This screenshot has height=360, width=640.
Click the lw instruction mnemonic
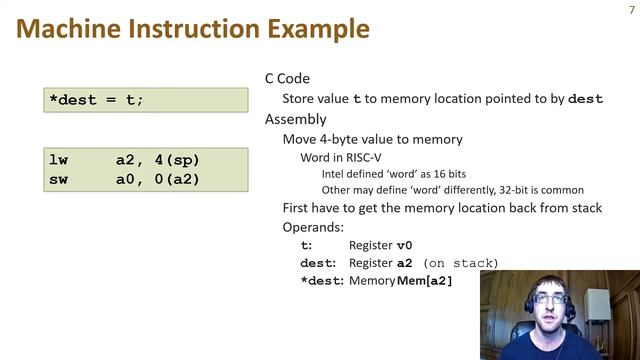click(x=58, y=161)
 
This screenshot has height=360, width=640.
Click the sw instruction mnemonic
click(x=58, y=179)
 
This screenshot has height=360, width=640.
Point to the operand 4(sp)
click(x=175, y=161)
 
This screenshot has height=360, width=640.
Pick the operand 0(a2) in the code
click(x=175, y=179)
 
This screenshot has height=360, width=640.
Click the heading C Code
click(x=287, y=78)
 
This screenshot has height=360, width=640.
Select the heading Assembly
click(x=295, y=119)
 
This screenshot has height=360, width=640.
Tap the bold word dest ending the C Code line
click(x=586, y=99)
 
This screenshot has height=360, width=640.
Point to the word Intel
click(x=335, y=174)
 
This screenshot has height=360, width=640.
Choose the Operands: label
click(x=312, y=227)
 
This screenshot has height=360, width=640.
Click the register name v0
click(x=404, y=245)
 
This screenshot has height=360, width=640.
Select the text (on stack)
click(x=460, y=263)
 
